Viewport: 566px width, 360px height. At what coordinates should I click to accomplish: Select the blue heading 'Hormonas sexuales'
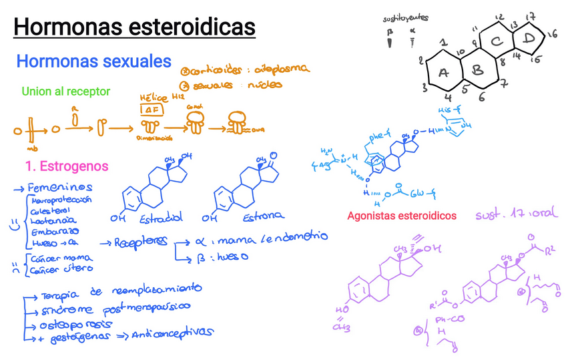click(93, 61)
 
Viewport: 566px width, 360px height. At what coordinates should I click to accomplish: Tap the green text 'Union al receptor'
click(65, 92)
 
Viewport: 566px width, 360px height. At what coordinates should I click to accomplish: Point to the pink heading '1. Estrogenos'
click(66, 166)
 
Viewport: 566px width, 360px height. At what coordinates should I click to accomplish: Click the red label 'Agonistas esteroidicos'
click(402, 216)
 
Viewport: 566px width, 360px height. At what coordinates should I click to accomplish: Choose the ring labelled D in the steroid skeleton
click(529, 41)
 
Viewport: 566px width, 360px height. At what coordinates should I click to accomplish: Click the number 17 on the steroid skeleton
click(531, 17)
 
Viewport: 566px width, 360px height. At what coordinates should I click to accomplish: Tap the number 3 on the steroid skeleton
click(425, 87)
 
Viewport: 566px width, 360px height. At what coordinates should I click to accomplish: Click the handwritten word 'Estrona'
click(262, 216)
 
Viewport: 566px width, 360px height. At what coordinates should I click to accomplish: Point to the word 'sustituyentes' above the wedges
click(405, 18)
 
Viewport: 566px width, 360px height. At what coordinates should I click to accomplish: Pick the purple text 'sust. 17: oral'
click(516, 215)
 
